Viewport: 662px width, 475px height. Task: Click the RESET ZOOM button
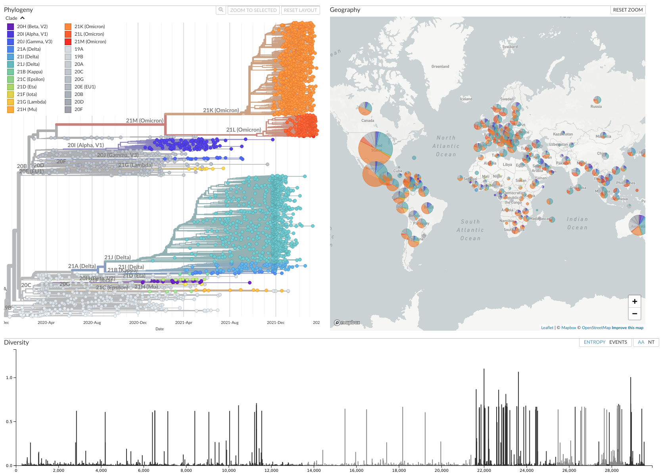click(627, 10)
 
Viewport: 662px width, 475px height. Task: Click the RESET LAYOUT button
click(300, 10)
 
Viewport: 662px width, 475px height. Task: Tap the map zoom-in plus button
click(635, 301)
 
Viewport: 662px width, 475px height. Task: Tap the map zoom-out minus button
click(635, 314)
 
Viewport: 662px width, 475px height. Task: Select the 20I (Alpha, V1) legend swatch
click(11, 34)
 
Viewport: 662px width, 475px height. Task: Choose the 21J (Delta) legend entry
click(28, 64)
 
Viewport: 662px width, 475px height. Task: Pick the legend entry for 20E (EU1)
click(85, 87)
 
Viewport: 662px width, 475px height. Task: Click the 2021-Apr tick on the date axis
click(184, 322)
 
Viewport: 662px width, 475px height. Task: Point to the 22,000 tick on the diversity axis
click(484, 470)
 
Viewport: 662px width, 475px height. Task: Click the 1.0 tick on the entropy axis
click(9, 377)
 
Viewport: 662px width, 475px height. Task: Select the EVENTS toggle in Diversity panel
click(618, 342)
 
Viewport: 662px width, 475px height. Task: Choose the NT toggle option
click(651, 342)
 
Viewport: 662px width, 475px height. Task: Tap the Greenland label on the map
click(440, 67)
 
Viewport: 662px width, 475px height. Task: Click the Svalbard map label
click(510, 47)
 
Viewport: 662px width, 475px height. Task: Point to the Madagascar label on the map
click(540, 219)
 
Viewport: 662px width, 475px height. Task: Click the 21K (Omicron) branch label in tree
click(221, 110)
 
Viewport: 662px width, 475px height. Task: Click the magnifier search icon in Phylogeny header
click(221, 10)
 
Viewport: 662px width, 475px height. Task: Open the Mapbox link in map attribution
click(568, 328)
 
